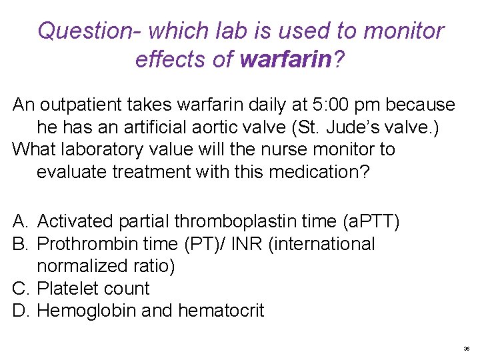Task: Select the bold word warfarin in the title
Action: (x=285, y=59)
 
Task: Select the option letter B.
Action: (x=20, y=244)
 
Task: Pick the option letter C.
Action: (x=20, y=289)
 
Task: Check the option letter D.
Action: (x=20, y=311)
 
